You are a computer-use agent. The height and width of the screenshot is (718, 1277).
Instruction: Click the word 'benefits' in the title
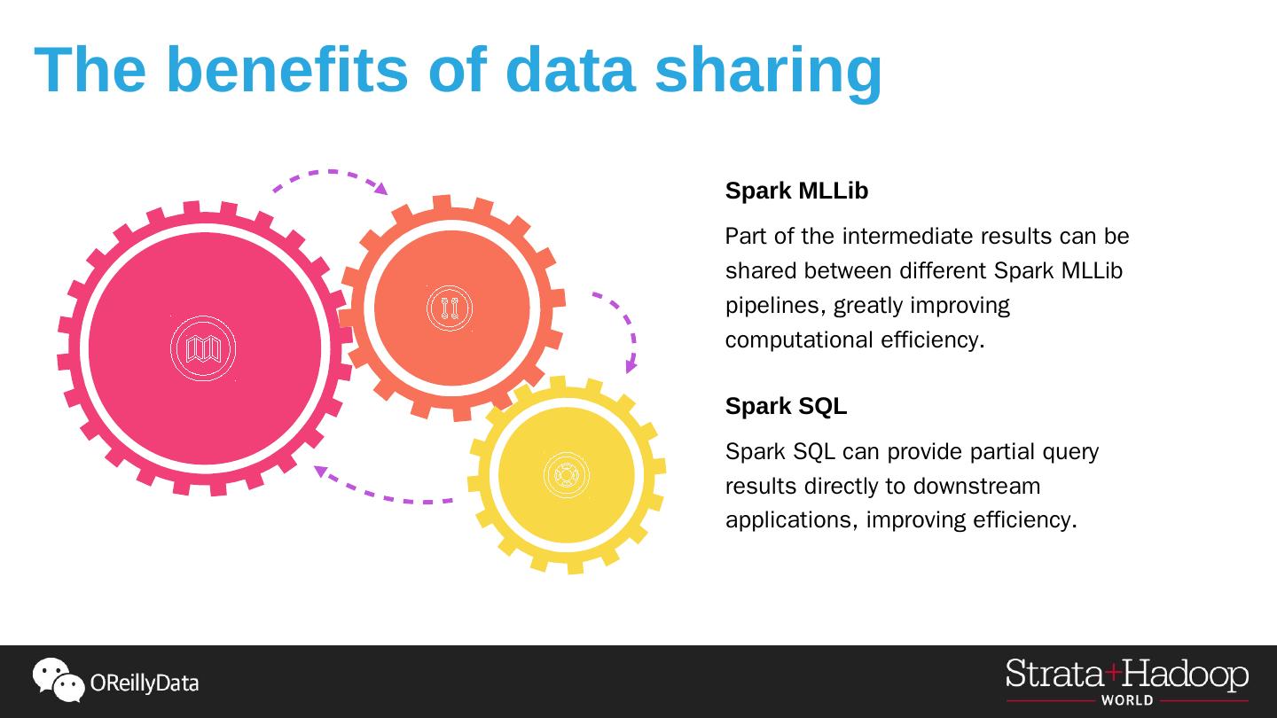(x=286, y=69)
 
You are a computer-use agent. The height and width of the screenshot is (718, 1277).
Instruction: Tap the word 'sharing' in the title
(x=768, y=71)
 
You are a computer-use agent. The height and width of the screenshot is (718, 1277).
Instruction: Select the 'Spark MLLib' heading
(x=796, y=191)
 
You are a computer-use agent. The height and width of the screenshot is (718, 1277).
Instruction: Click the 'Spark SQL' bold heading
(x=786, y=406)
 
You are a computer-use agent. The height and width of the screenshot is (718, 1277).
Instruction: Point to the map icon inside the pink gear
(x=203, y=348)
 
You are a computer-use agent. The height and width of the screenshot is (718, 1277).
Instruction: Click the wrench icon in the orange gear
(x=450, y=308)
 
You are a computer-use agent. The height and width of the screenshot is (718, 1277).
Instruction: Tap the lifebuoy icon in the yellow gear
(x=566, y=475)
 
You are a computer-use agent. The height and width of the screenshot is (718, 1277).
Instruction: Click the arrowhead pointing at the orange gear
(x=381, y=188)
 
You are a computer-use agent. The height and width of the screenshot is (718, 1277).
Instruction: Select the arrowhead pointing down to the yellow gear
(x=631, y=366)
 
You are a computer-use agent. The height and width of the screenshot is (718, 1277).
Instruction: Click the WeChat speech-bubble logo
(x=58, y=680)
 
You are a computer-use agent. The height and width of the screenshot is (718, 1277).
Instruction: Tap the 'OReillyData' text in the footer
(x=145, y=683)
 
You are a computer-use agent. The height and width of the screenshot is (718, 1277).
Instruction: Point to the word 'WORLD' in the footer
(x=1127, y=700)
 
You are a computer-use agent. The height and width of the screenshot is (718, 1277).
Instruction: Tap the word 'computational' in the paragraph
(x=799, y=340)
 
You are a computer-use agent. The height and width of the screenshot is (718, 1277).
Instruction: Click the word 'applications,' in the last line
(x=791, y=520)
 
